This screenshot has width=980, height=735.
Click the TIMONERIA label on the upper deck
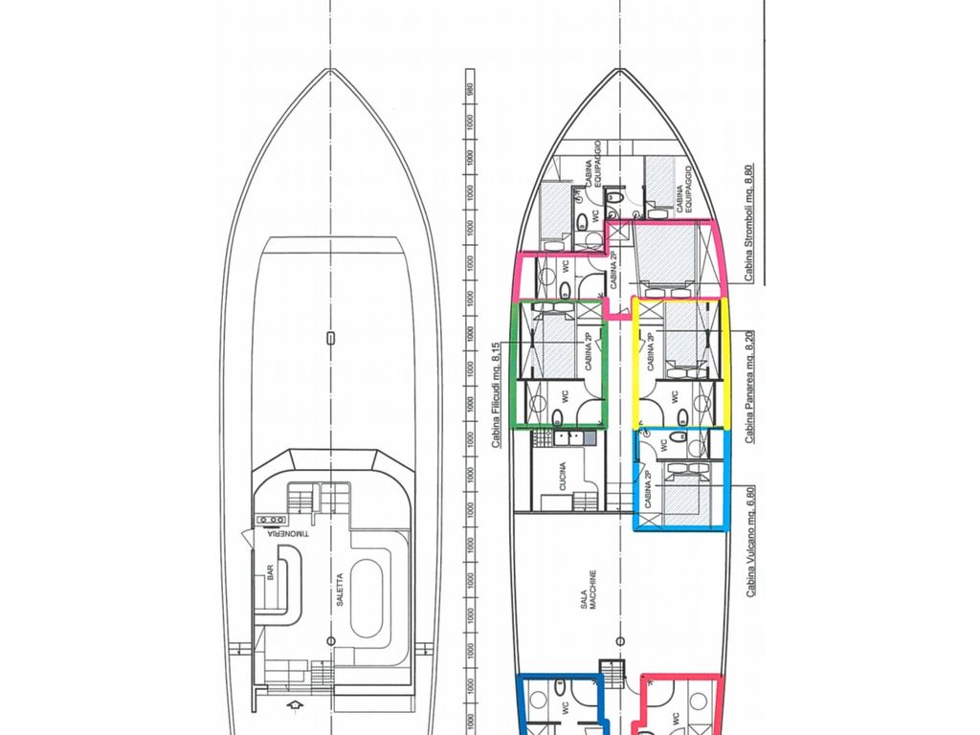286,533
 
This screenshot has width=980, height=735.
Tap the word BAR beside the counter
271,571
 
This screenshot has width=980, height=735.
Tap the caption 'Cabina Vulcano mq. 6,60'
750,542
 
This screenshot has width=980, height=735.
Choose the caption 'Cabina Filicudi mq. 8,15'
497,395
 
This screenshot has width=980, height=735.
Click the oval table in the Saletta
366,599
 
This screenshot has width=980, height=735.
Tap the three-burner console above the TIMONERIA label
264,520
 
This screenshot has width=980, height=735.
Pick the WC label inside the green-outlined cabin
566,395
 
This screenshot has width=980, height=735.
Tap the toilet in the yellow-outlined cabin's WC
682,414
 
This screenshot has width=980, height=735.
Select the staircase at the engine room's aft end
611,671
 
